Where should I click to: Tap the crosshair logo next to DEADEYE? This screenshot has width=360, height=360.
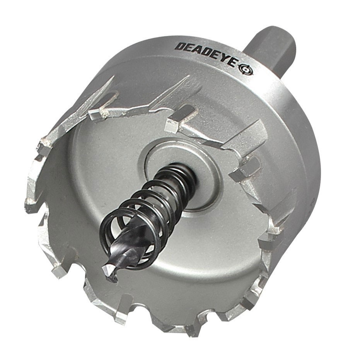246,69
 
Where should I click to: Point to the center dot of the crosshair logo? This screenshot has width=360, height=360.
246,69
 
